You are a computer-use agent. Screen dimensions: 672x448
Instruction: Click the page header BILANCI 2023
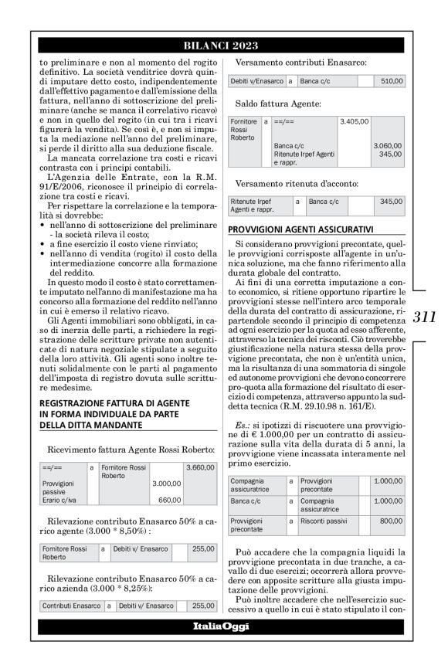pos(223,46)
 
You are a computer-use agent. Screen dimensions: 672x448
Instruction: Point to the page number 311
pos(424,317)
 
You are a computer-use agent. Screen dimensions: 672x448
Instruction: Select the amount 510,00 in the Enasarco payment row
pos(392,80)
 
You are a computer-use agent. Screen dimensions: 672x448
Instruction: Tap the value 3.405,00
pos(354,121)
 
